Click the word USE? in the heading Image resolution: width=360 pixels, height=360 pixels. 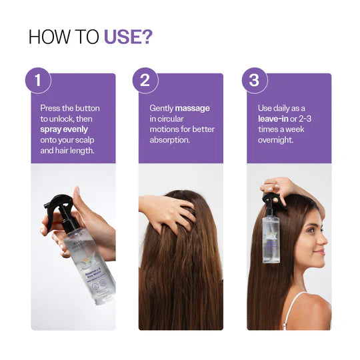point(127,37)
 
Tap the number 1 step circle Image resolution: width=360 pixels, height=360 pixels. point(38,81)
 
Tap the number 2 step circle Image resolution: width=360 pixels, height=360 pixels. point(145,81)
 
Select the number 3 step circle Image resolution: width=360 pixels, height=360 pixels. point(253,81)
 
